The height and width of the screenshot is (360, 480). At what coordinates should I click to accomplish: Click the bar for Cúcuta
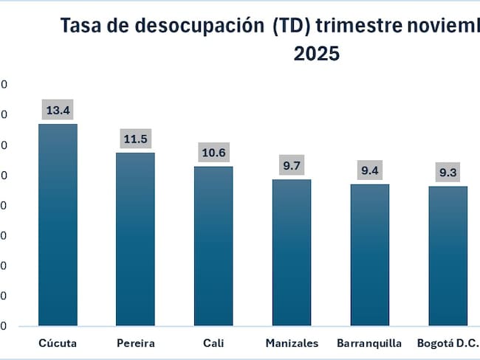tap(58, 224)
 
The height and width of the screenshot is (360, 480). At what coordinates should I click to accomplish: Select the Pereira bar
tap(135, 239)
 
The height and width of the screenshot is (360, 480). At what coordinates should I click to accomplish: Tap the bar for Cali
tap(213, 246)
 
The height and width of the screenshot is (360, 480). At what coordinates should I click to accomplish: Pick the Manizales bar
tap(292, 252)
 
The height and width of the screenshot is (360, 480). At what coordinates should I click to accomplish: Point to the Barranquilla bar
tap(369, 255)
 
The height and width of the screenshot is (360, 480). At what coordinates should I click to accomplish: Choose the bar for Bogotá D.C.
tap(448, 255)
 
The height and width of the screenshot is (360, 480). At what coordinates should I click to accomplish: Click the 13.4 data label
tap(58, 111)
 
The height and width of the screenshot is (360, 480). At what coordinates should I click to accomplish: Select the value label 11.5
tap(135, 139)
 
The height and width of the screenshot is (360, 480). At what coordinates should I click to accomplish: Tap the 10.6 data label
tap(213, 153)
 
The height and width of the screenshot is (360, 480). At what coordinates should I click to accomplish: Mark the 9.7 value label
tap(292, 166)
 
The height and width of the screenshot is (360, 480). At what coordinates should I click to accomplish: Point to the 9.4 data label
tap(369, 171)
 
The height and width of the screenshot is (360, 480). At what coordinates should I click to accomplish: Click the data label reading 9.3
tap(448, 173)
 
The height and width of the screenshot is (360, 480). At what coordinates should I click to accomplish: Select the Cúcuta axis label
tap(58, 343)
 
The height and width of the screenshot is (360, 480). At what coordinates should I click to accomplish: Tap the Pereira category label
tap(135, 343)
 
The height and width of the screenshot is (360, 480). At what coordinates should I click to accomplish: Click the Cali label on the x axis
tap(213, 343)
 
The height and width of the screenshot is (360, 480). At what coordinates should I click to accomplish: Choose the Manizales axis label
tap(292, 343)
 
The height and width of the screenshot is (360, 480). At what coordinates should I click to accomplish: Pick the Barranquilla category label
tap(369, 343)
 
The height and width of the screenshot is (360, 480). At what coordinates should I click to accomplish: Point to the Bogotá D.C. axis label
tap(448, 343)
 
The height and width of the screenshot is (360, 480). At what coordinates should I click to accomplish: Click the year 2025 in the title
tap(317, 55)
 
